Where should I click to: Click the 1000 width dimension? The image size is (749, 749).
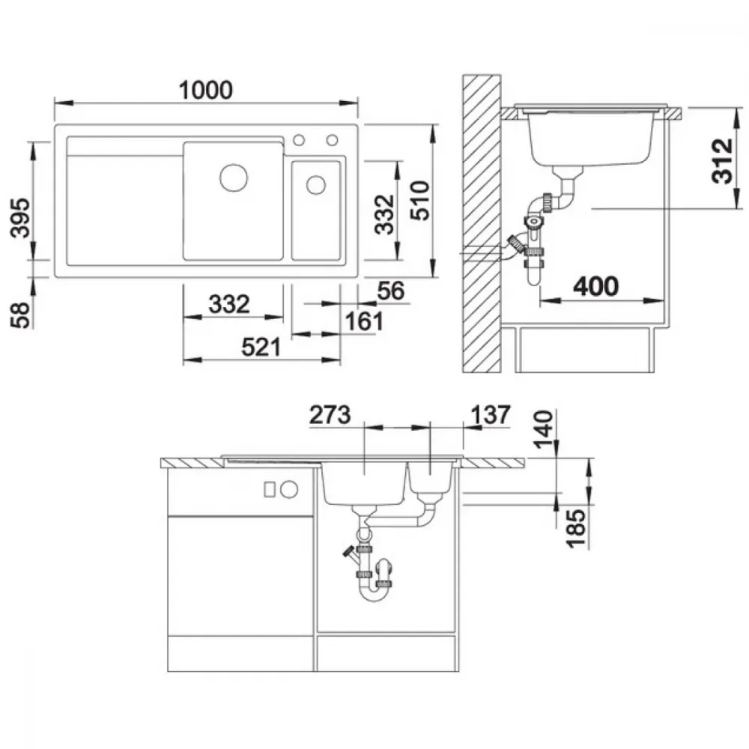point(206,91)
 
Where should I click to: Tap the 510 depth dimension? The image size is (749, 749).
point(420,200)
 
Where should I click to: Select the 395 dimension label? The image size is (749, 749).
point(20,218)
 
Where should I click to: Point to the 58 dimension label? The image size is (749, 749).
point(20,315)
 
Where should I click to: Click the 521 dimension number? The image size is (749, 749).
point(261,348)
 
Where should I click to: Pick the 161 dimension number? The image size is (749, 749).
point(365,321)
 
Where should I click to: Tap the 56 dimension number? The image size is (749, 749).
point(391,291)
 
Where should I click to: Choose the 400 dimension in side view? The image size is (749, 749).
point(595,287)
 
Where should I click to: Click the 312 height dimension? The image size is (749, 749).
point(722,161)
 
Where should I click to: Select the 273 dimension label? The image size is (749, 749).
point(330,415)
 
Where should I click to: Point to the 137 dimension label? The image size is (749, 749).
point(491,415)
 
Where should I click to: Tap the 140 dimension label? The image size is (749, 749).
point(543,429)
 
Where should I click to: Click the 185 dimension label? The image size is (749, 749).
point(575,528)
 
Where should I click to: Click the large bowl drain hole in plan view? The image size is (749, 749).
point(234,178)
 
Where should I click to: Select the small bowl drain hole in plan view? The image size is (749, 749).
point(316,185)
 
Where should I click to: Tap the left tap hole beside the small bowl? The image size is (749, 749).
point(299,140)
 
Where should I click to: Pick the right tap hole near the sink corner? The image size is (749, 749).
point(333,140)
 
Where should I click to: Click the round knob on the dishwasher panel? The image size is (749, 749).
point(289,489)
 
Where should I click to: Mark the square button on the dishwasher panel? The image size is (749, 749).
point(270,489)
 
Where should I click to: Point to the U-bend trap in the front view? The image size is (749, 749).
point(374,592)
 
